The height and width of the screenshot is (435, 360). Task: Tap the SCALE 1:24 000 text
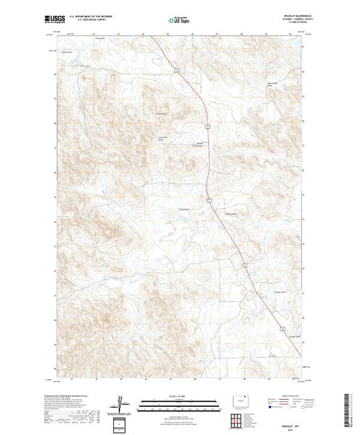pos(178,394)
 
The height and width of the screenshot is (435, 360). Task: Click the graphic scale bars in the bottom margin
pos(178,403)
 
